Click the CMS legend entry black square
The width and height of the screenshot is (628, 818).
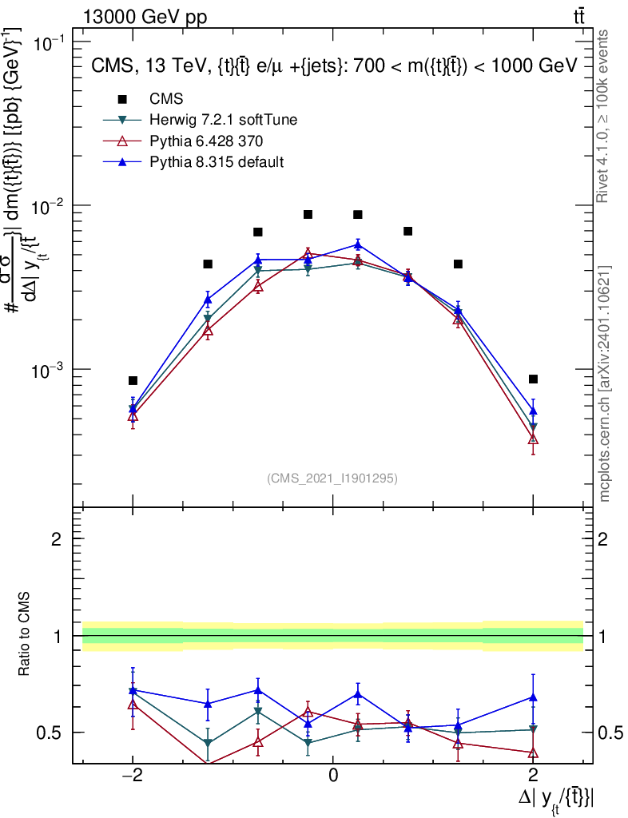[x=122, y=100]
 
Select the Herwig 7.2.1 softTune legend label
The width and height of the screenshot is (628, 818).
[x=224, y=120]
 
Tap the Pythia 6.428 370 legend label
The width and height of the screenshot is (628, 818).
[x=207, y=141]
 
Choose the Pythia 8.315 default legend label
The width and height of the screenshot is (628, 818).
[x=217, y=162]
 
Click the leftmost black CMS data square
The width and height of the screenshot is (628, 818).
[x=133, y=380]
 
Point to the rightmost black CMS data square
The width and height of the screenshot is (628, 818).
[x=533, y=379]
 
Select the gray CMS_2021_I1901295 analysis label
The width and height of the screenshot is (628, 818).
[x=332, y=478]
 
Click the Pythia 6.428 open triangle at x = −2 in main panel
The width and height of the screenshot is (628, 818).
[x=133, y=416]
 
